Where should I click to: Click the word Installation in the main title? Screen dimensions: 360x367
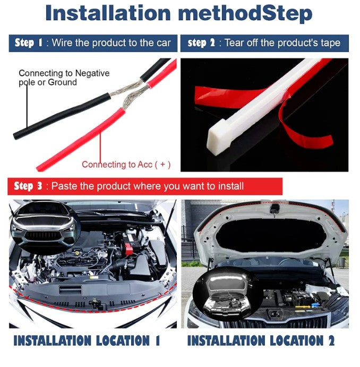(108, 13)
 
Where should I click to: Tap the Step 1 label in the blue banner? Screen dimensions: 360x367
(29, 43)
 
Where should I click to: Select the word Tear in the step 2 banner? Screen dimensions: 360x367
(234, 43)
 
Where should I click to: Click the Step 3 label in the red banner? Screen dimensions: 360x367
(28, 186)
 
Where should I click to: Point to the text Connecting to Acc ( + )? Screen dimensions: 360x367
(126, 165)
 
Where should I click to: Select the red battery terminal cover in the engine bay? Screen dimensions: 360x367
(128, 249)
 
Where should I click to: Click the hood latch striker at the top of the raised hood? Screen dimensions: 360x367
(275, 208)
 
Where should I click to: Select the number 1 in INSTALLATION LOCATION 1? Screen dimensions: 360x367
(158, 340)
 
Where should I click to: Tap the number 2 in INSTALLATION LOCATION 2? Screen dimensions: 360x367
(331, 340)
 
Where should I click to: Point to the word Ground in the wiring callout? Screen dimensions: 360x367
(62, 82)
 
